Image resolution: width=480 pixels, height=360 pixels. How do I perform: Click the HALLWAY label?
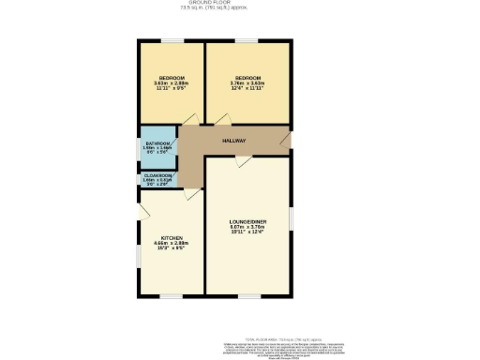pos(233,141)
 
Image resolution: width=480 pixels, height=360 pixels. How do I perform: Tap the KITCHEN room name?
pos(172,238)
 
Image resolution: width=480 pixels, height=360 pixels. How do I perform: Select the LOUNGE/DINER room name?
pos(247,220)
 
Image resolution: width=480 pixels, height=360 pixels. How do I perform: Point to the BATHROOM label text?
pos(156,143)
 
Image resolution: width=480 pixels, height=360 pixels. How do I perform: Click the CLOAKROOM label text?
pos(157,175)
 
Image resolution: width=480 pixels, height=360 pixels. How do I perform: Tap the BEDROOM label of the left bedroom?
pos(172,77)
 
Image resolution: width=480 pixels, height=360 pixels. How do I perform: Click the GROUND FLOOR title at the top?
pos(209,3)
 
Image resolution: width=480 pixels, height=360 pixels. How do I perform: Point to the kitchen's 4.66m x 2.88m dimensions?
pos(172,244)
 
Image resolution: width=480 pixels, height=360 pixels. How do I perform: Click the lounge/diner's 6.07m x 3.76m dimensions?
pos(247,226)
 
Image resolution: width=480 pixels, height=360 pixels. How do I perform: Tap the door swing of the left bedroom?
pos(187,119)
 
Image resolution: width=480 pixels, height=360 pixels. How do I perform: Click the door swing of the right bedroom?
pos(222,119)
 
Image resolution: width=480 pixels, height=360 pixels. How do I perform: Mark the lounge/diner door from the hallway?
pos(243,162)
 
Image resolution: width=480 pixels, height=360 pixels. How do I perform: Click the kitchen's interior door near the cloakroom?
pos(189,193)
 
